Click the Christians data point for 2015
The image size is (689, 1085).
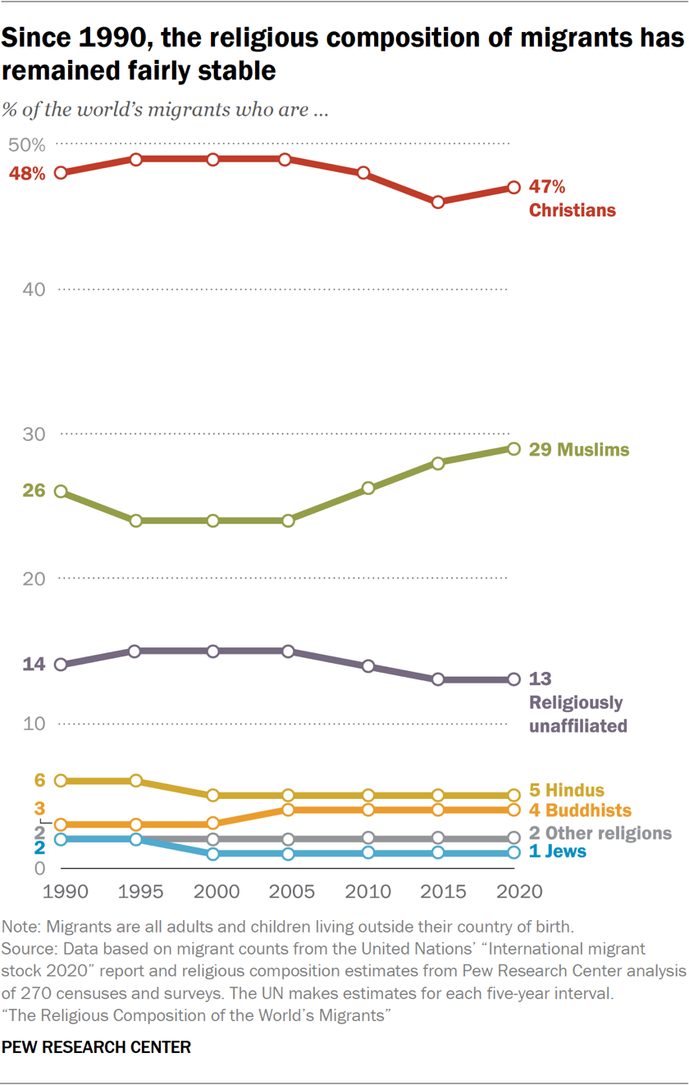click(438, 202)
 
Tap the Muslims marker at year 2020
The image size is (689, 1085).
click(513, 449)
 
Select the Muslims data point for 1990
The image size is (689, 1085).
click(61, 492)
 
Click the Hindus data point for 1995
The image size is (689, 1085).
click(136, 781)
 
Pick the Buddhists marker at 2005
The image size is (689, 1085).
click(287, 810)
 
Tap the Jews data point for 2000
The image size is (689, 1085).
click(213, 854)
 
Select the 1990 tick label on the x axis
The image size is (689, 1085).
click(60, 892)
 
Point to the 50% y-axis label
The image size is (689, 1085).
click(26, 145)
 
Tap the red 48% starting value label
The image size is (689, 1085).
click(27, 174)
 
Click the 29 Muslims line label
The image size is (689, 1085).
click(579, 450)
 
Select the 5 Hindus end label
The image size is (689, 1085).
click(566, 791)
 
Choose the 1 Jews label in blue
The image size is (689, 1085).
click(557, 851)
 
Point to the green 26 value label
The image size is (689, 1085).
click(34, 491)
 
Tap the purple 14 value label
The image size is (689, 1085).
click(34, 665)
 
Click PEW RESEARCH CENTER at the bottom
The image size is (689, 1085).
click(97, 1047)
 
